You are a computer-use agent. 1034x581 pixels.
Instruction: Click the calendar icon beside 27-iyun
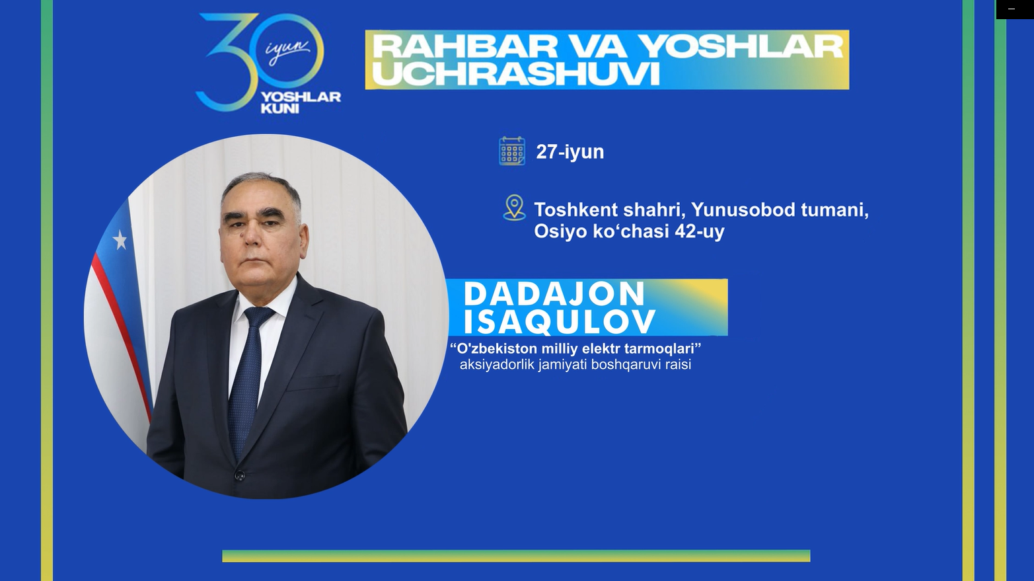[x=512, y=151]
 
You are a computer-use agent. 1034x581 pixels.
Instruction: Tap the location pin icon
[x=514, y=208]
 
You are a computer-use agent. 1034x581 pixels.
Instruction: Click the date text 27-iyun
[x=570, y=152]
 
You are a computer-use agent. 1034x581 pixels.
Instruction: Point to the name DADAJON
[x=554, y=293]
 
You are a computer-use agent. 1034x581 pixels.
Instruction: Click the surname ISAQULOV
[x=560, y=321]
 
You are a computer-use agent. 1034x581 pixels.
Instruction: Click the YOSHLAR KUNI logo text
[x=301, y=102]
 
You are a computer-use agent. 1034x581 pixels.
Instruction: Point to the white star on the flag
[x=120, y=240]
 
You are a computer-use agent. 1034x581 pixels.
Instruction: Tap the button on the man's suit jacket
[x=240, y=475]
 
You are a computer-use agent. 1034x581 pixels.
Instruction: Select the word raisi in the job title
[x=678, y=364]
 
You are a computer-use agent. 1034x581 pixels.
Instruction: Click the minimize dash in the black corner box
[x=1011, y=9]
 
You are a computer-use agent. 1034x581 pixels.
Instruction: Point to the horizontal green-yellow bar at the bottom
[x=516, y=556]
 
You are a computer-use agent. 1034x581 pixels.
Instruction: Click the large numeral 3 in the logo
[x=226, y=62]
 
